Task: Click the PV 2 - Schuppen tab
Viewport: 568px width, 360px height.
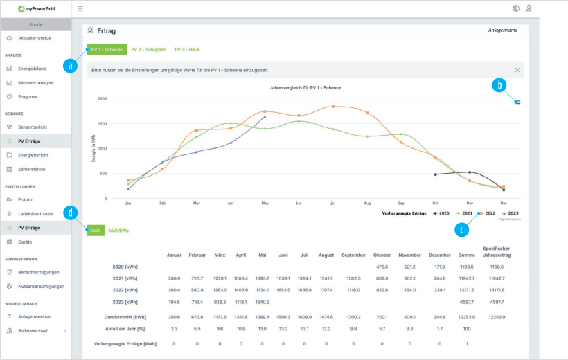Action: (149, 50)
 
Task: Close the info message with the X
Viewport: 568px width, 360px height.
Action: (517, 70)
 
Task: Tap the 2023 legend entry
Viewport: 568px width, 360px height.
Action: (511, 213)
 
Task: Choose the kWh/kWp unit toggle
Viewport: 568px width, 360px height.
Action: (119, 230)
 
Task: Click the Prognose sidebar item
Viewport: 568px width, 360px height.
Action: (28, 97)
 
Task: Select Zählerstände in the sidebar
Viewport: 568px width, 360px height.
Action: (33, 169)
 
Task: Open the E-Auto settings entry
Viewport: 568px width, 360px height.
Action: (26, 199)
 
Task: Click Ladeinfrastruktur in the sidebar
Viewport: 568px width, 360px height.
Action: (37, 214)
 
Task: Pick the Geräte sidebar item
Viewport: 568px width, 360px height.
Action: (25, 242)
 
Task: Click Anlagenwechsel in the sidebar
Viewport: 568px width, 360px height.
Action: (35, 316)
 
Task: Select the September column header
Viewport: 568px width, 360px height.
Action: (353, 255)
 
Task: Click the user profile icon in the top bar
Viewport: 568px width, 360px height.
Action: (529, 8)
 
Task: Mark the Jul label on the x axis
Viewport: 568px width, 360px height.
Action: (333, 204)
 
